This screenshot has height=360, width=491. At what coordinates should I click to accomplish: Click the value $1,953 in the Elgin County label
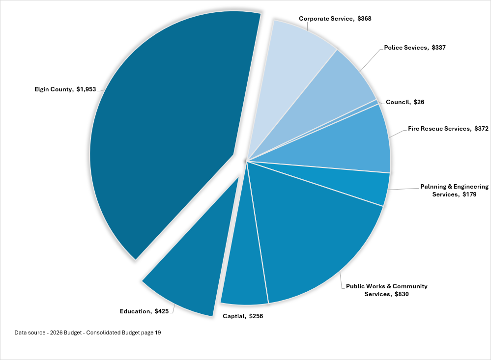tap(86, 89)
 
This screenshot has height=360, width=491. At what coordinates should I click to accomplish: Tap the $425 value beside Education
tap(162, 311)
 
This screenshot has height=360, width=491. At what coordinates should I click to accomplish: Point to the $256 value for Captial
tap(256, 316)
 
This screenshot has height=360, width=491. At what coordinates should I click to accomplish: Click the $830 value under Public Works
tap(402, 294)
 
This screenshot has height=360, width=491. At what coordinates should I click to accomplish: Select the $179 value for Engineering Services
tap(469, 194)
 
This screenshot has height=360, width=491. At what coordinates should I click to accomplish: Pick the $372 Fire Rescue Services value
tap(481, 129)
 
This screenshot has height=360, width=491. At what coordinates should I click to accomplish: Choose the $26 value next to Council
tap(419, 102)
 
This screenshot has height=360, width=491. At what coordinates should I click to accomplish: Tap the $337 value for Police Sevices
tap(438, 48)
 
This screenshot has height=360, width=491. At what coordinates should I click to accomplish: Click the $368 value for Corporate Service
tap(364, 19)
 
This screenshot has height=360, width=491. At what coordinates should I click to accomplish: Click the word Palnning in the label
tap(434, 187)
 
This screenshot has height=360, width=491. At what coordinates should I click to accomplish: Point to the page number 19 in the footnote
tap(158, 332)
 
